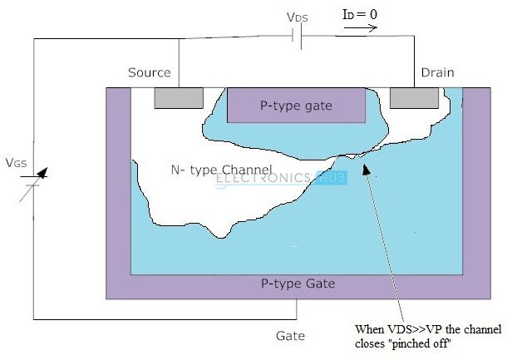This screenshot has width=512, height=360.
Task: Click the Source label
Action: coord(150,72)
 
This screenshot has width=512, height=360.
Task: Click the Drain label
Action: coord(437,72)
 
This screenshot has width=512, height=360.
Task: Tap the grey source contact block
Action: coord(178,98)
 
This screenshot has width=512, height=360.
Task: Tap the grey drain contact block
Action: coord(415,98)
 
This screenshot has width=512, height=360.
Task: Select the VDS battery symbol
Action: coord(298,37)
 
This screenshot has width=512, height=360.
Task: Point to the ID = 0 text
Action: coord(359,14)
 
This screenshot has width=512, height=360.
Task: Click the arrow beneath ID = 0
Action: coord(360,27)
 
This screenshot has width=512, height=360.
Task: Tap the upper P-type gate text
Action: coord(296,106)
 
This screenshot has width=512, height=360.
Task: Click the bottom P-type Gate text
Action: coord(297,284)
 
